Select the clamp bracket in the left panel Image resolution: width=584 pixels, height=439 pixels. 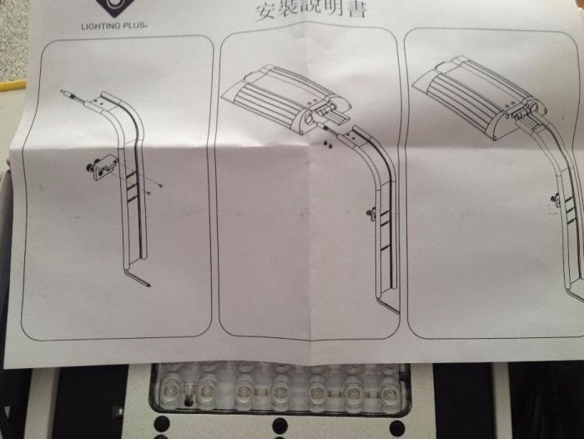(99, 168)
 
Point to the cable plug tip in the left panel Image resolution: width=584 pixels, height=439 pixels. (65, 91)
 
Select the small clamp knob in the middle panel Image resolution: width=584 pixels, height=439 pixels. (370, 214)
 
